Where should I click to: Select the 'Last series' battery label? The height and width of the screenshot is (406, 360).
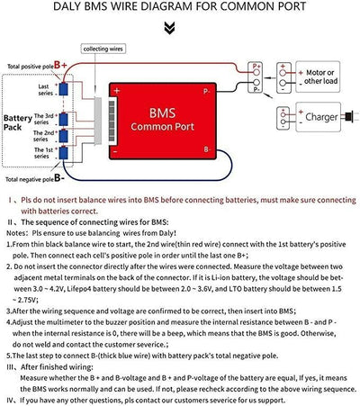pyautogui.click(x=43, y=88)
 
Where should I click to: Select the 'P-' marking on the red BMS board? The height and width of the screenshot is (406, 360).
pyautogui.click(x=231, y=92)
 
